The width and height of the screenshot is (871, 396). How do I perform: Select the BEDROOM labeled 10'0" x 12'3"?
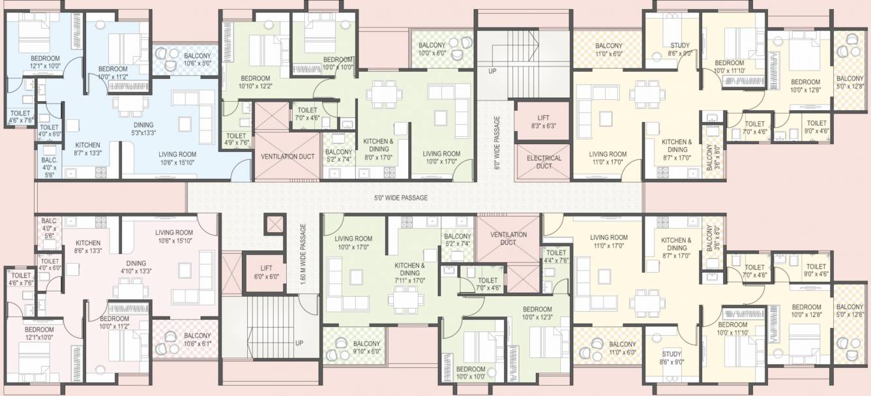point(537,312)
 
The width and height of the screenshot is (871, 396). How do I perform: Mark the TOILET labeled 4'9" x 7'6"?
point(236,139)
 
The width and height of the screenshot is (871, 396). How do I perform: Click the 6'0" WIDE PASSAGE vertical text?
point(497,143)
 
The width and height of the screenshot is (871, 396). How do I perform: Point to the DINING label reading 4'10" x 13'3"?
point(137,266)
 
